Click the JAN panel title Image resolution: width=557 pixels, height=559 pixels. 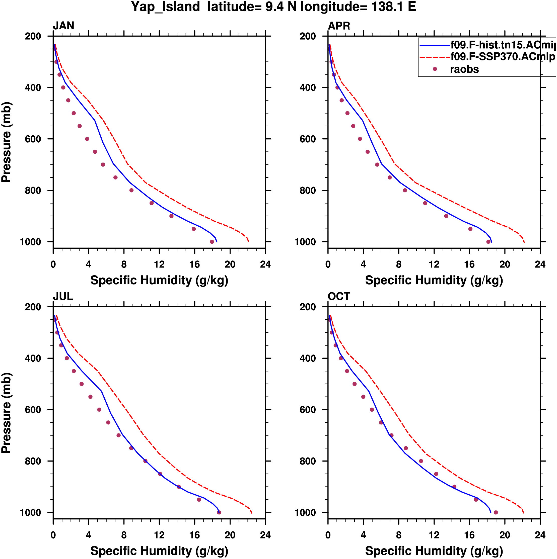point(63,26)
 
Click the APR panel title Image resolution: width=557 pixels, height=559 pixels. point(339,26)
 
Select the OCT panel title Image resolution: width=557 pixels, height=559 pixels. point(339,296)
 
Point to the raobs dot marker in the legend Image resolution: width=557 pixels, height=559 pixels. point(435,69)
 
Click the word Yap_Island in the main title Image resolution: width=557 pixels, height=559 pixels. point(165,7)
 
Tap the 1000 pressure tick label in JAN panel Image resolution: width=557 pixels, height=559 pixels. point(30,242)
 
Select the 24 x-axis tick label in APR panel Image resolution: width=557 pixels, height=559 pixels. point(540,264)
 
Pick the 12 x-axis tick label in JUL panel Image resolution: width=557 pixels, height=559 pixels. point(159,535)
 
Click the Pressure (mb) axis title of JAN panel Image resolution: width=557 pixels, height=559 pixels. point(6,142)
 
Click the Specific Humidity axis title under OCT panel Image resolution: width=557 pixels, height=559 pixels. point(434,551)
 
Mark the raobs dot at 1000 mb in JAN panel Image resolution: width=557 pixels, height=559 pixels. point(212,242)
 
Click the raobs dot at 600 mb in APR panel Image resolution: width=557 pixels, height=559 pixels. point(360,139)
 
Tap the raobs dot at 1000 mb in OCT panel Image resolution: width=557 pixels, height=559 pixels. point(496,512)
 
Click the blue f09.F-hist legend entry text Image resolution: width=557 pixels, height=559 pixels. point(503,45)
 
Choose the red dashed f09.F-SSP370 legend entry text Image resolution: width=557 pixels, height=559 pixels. point(503,57)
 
